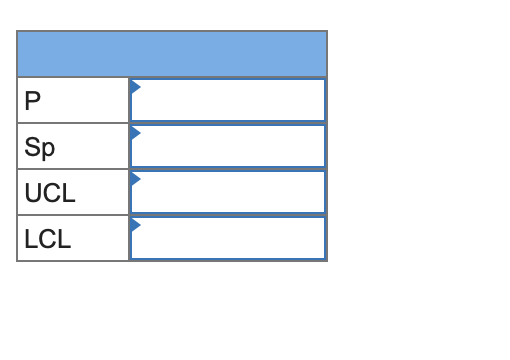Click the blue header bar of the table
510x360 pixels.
pyautogui.click(x=172, y=54)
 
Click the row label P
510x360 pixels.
pyautogui.click(x=33, y=101)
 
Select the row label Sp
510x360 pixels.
pyautogui.click(x=40, y=147)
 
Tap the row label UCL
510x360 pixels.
pyautogui.click(x=50, y=193)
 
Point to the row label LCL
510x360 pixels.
pyautogui.click(x=47, y=239)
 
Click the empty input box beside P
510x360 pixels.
pyautogui.click(x=228, y=100)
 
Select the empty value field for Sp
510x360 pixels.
pyautogui.click(x=228, y=146)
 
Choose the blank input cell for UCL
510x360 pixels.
pyautogui.click(x=228, y=192)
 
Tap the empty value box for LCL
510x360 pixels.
pyautogui.click(x=228, y=238)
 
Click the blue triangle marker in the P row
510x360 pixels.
pyautogui.click(x=135, y=86)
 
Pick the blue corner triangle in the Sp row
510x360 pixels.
pyautogui.click(x=135, y=132)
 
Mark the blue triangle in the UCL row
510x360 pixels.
pyautogui.click(x=135, y=178)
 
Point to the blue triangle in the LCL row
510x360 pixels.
pyautogui.click(x=135, y=224)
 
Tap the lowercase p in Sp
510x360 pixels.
pyautogui.click(x=48, y=149)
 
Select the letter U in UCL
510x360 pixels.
pyautogui.click(x=33, y=193)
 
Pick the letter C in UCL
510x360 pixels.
pyautogui.click(x=51, y=193)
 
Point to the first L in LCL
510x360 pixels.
pyautogui.click(x=30, y=239)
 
